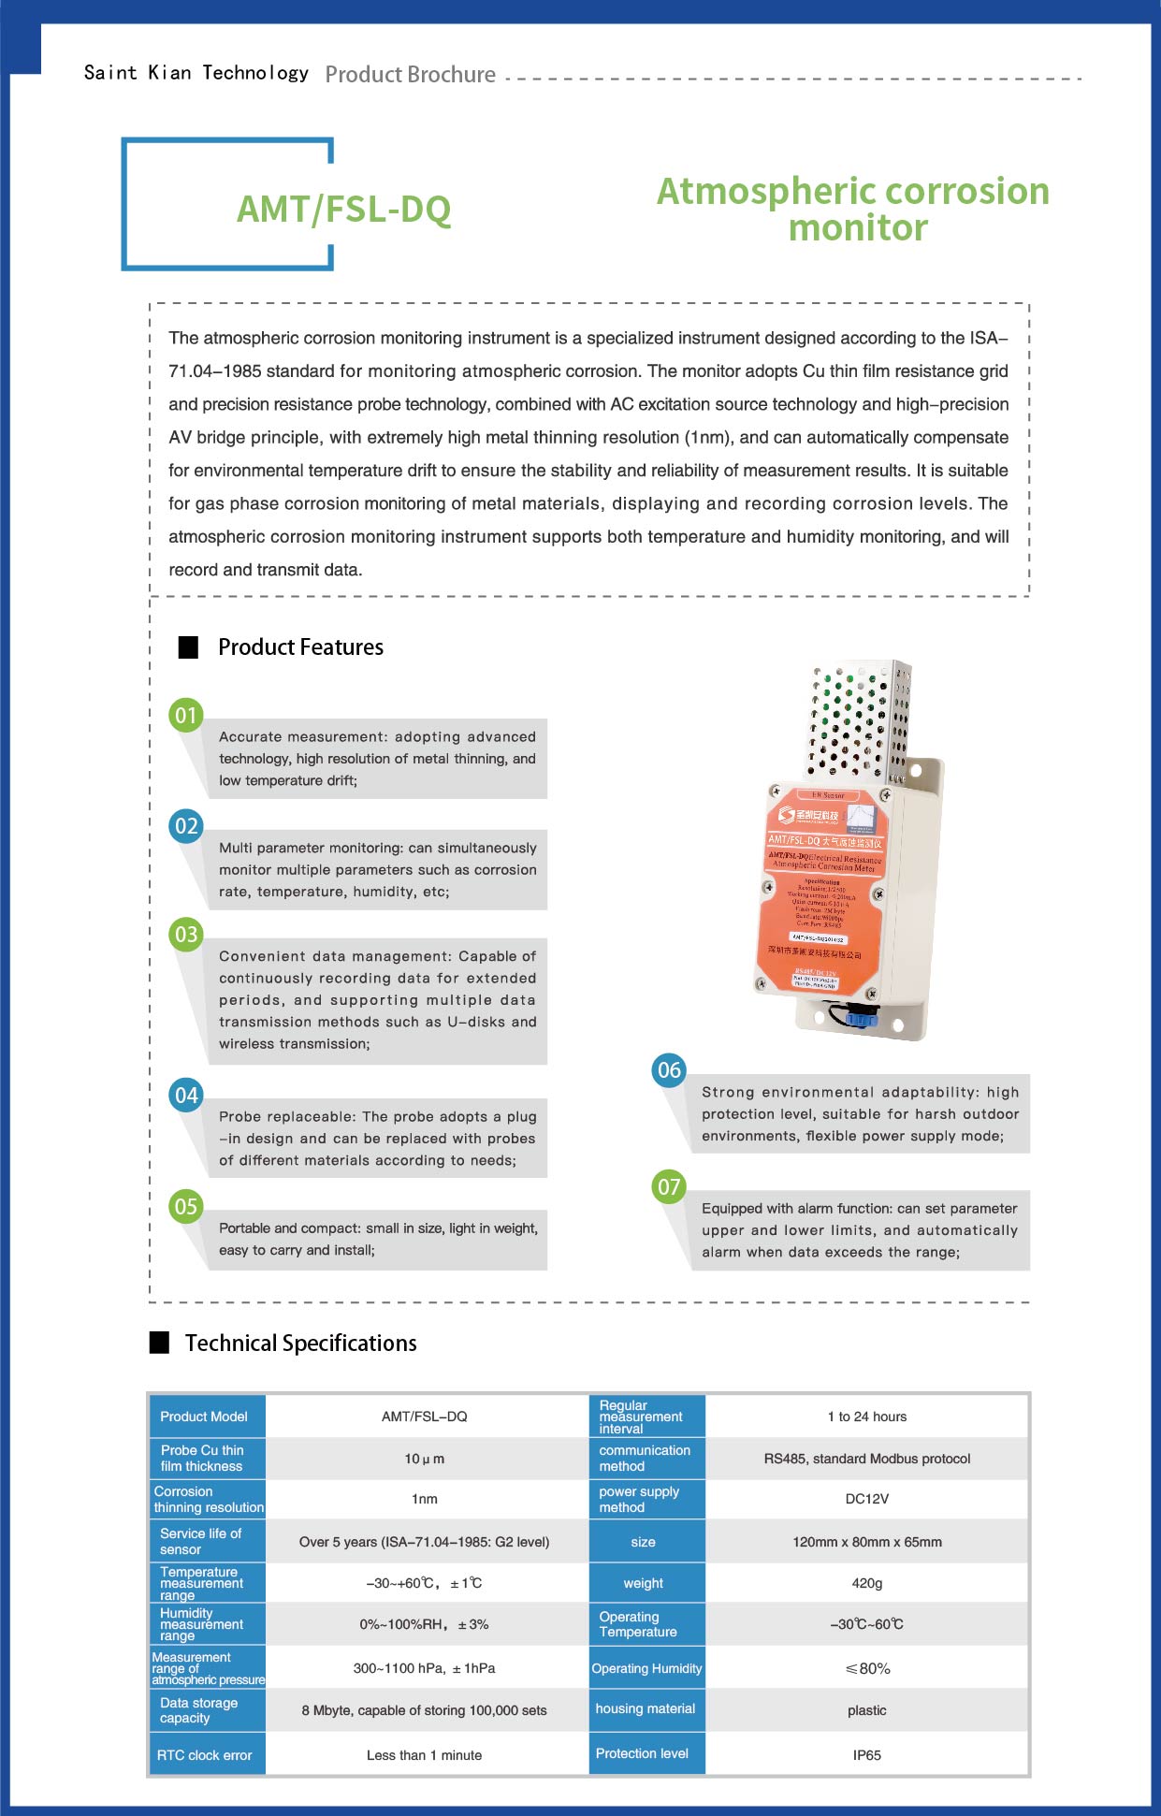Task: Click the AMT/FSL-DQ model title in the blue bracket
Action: coord(343,209)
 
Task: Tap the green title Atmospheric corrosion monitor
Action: coord(852,209)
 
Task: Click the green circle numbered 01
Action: coord(186,716)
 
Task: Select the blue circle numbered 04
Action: coord(186,1096)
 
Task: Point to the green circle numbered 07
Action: coord(669,1187)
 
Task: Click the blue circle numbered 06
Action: coord(669,1070)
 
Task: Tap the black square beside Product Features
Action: coord(189,647)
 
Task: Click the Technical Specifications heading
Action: coord(300,1344)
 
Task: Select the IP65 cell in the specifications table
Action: coord(866,1755)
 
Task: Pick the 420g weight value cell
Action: coord(866,1583)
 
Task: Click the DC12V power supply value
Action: coord(866,1499)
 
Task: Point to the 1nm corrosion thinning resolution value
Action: coord(425,1499)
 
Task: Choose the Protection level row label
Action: coord(642,1753)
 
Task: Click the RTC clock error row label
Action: coord(205,1755)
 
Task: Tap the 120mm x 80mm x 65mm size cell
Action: coord(866,1542)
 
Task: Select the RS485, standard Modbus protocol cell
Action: coord(866,1459)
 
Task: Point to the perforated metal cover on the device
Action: coord(859,720)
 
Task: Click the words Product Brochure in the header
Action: coord(410,75)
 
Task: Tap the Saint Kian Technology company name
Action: coord(196,73)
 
